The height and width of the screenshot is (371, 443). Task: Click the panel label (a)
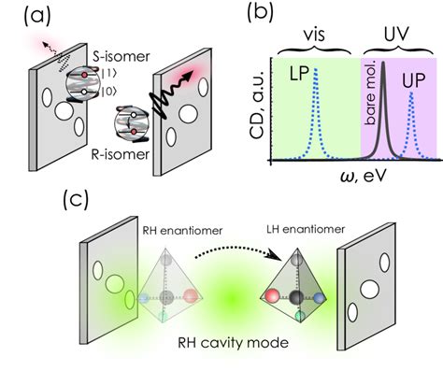[x=23, y=16]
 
